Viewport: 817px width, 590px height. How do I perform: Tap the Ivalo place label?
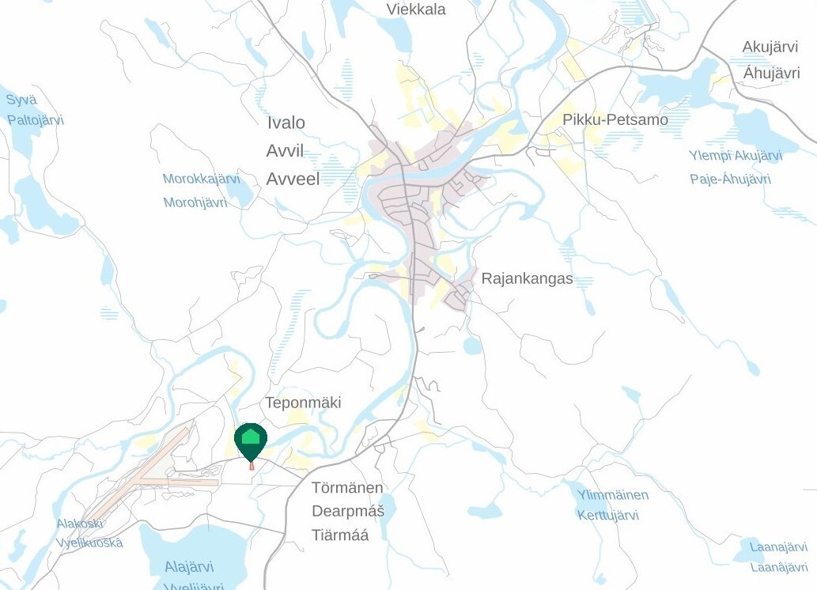(x=286, y=123)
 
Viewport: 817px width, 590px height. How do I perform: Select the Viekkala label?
(x=416, y=9)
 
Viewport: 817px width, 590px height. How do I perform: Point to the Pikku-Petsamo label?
(x=615, y=119)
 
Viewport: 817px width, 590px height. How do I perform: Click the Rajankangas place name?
(x=527, y=279)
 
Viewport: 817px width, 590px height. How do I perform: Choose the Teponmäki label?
(x=303, y=403)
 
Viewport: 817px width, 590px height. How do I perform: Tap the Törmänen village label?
(x=347, y=487)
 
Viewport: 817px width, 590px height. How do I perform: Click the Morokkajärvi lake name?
(x=201, y=179)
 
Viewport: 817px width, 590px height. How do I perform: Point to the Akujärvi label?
(x=770, y=47)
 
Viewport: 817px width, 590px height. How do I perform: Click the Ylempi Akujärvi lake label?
(x=735, y=156)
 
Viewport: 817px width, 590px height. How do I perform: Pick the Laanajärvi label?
(x=778, y=547)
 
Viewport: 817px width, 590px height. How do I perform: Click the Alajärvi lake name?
(x=189, y=567)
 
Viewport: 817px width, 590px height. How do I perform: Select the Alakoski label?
(x=79, y=524)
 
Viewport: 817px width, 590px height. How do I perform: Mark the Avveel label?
(x=293, y=179)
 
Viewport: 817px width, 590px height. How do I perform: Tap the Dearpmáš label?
(x=348, y=511)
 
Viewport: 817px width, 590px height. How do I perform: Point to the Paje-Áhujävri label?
(x=730, y=179)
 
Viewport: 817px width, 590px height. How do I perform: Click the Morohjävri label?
(x=195, y=202)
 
